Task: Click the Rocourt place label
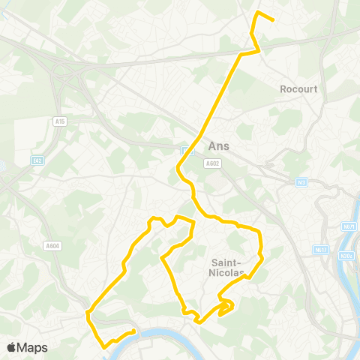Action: [x=298, y=88]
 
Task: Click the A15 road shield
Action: [x=61, y=121]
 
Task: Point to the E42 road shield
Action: [x=37, y=160]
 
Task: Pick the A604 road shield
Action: [x=52, y=245]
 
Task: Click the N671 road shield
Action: [x=348, y=226]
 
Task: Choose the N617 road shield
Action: [x=321, y=249]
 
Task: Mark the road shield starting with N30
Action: [x=346, y=255]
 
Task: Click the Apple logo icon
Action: [x=11, y=347]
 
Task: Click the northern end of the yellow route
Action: [x=272, y=20]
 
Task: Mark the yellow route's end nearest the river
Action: [x=133, y=331]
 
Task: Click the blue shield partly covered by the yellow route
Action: [x=185, y=150]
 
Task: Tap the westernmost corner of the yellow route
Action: [x=88, y=313]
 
